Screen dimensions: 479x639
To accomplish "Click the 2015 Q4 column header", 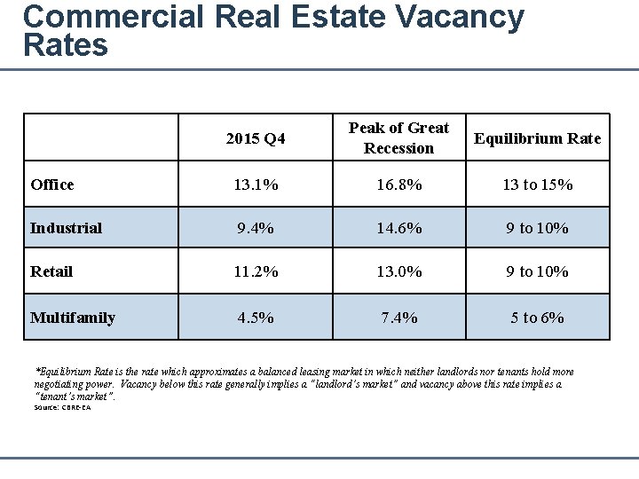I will [x=256, y=138].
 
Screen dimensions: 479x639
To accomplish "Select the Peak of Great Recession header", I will [x=398, y=138].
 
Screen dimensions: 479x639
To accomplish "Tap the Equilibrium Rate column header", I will [x=537, y=138].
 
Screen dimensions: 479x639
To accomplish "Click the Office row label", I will [x=52, y=185].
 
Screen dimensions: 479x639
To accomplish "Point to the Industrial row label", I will [x=66, y=228].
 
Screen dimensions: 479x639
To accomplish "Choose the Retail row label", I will [x=51, y=271].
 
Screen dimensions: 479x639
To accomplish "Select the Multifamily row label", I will [x=73, y=318].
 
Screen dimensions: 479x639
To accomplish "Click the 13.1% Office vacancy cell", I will [x=256, y=185].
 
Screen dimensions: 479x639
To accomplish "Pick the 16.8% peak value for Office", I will [x=398, y=185].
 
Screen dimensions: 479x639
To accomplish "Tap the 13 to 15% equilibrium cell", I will [x=537, y=185].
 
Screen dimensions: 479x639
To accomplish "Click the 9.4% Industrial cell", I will [x=256, y=228].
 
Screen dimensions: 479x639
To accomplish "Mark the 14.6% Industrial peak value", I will [x=398, y=228].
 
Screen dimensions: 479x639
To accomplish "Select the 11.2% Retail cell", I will [x=256, y=271].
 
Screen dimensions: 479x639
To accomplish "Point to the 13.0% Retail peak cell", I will [x=398, y=271].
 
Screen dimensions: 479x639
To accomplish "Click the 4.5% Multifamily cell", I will [x=256, y=318].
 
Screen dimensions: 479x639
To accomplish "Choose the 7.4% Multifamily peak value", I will [x=398, y=318].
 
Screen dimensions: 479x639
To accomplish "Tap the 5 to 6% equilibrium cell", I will [x=537, y=318].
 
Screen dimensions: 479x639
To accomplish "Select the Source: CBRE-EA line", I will [x=62, y=407].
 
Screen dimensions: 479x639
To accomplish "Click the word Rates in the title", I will [x=66, y=45].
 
